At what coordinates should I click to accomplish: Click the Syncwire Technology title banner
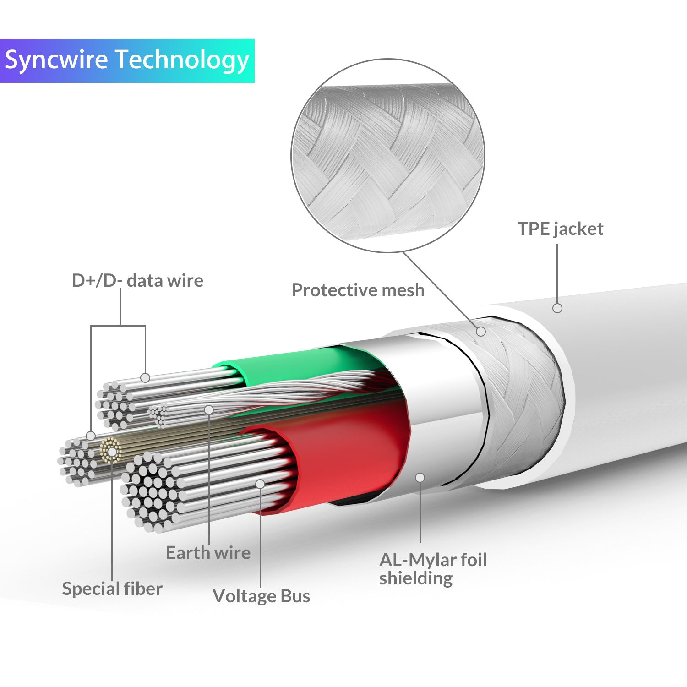(x=127, y=61)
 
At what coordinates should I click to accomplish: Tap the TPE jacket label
(x=560, y=229)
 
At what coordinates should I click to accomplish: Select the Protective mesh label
(x=358, y=290)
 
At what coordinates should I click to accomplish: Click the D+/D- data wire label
(x=137, y=280)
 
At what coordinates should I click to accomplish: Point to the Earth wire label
(x=208, y=553)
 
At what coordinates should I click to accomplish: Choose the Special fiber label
(x=112, y=589)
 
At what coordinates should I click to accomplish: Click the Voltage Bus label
(x=261, y=596)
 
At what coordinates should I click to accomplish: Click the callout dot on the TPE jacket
(x=557, y=308)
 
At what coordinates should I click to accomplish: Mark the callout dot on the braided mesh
(x=480, y=331)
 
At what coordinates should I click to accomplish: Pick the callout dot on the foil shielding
(x=420, y=478)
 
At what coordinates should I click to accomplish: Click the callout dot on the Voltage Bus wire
(x=260, y=484)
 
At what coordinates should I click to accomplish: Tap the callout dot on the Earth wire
(x=209, y=409)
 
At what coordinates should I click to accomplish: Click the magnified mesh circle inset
(x=387, y=156)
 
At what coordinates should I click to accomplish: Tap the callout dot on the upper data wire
(x=145, y=378)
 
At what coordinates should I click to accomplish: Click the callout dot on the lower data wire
(x=91, y=435)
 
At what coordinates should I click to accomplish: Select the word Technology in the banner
(x=182, y=61)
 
